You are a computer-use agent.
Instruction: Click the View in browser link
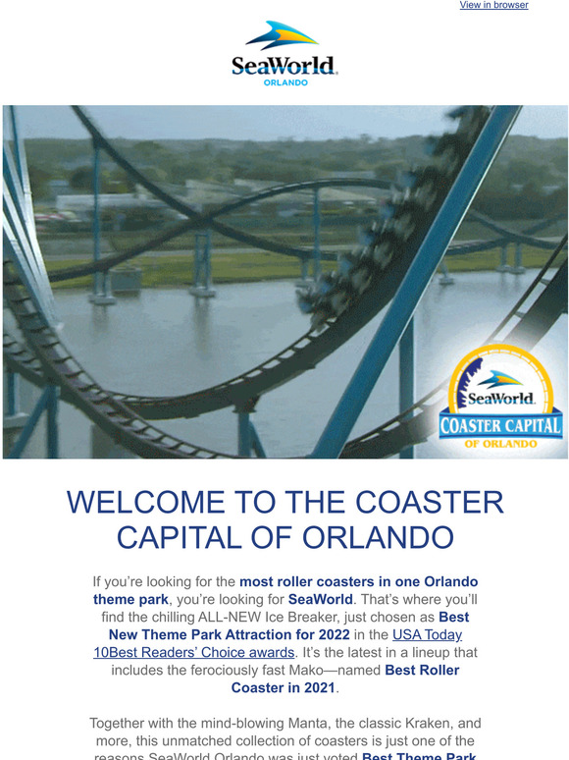click(x=493, y=5)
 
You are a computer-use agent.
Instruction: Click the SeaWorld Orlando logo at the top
click(x=284, y=54)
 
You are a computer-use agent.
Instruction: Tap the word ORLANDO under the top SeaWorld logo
click(x=285, y=82)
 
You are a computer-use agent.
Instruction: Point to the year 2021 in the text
click(x=315, y=687)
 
